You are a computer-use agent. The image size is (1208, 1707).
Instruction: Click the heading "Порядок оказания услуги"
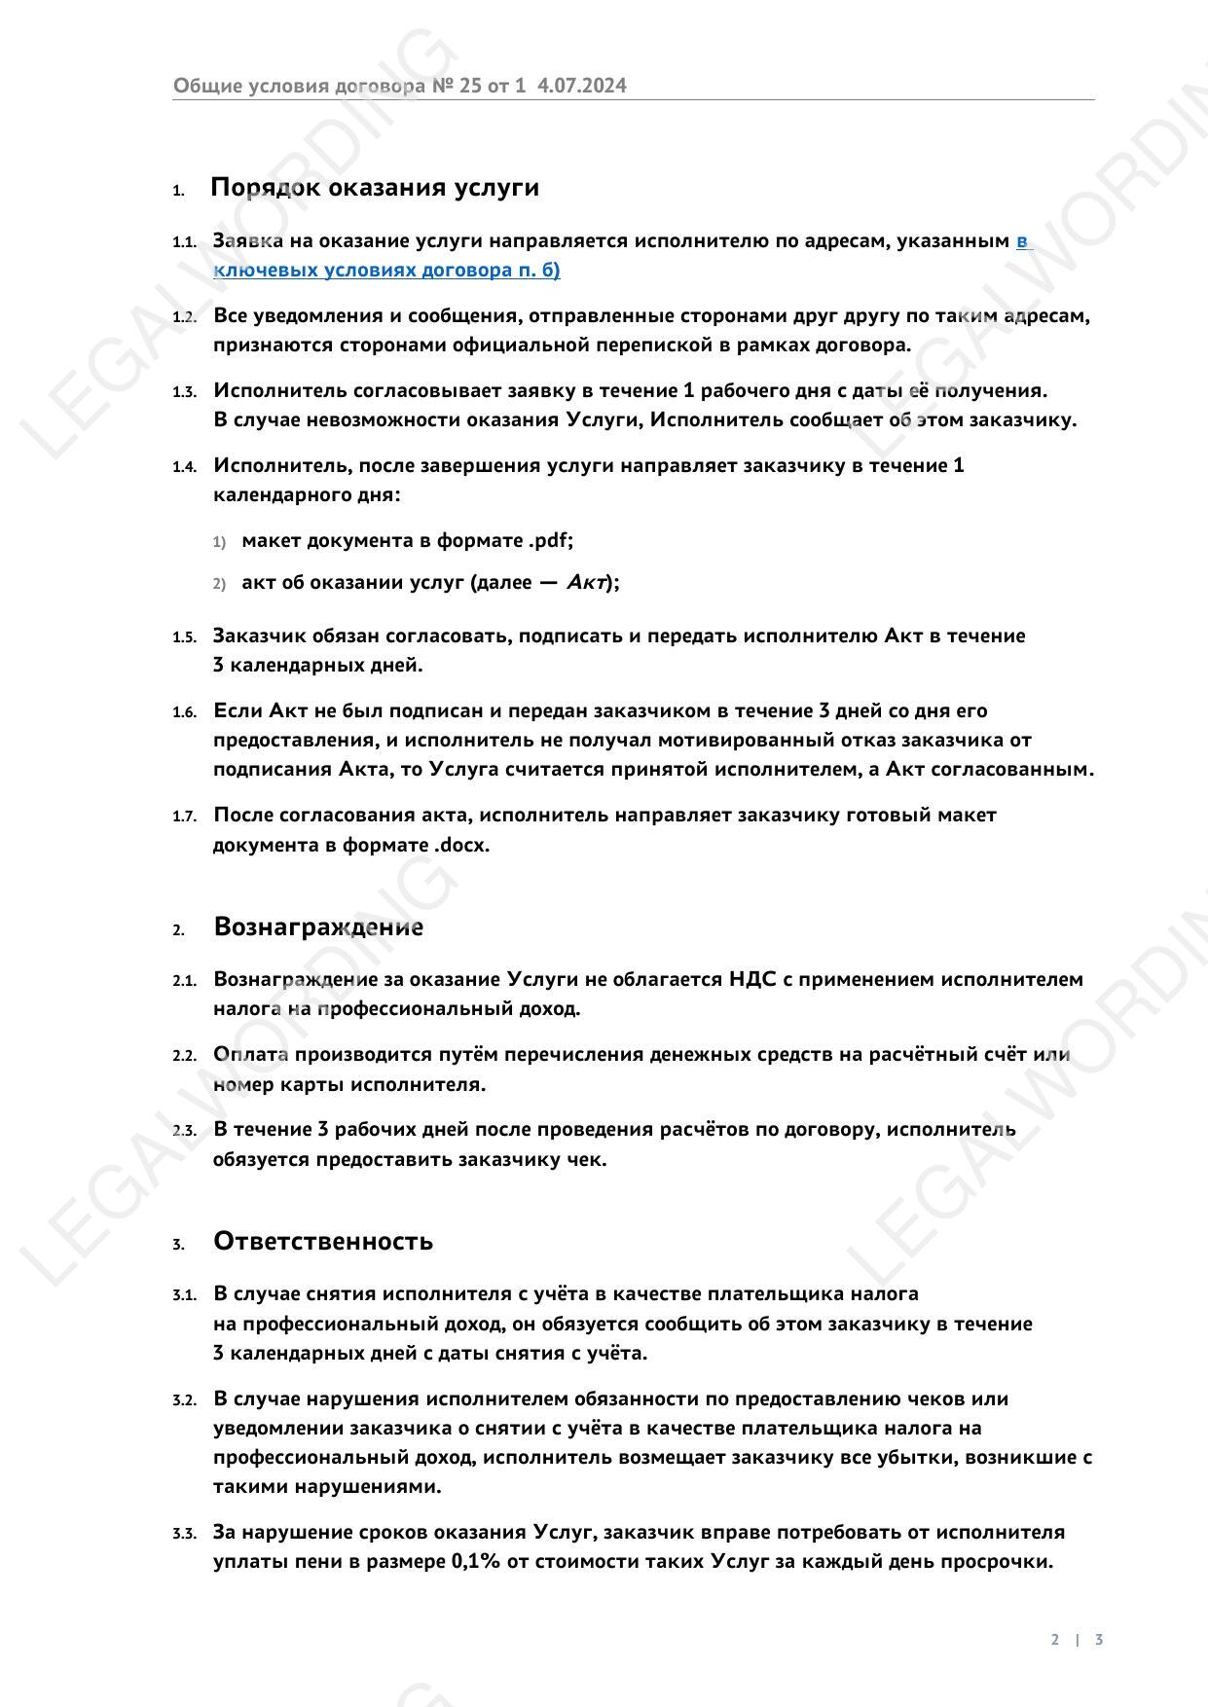375,187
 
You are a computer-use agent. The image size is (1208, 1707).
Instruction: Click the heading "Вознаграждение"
318,926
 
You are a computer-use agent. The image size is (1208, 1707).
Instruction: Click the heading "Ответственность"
323,1241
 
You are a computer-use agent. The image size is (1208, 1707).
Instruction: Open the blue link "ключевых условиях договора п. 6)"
386,271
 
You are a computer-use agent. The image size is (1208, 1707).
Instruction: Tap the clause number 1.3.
184,392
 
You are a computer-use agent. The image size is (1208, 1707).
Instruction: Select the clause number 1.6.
184,712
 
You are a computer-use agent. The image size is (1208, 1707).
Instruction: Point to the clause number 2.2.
184,1056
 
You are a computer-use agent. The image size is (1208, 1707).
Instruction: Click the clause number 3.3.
184,1534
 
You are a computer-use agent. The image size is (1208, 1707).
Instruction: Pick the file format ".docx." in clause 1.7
461,845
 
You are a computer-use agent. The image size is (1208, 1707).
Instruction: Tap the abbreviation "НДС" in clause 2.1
751,979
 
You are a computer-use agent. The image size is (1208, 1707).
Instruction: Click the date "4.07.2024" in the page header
582,86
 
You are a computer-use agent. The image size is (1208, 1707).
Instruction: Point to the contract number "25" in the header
470,86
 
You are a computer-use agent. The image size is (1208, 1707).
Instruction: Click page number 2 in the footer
1055,1640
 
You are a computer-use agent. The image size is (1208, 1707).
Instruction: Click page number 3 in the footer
1099,1640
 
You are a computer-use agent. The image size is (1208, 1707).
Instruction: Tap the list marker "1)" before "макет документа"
219,541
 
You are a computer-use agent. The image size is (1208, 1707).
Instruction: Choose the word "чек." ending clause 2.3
586,1159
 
